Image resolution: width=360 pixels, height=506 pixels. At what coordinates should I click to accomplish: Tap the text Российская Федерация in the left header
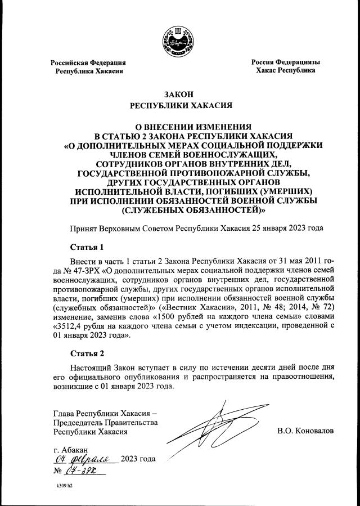(88, 62)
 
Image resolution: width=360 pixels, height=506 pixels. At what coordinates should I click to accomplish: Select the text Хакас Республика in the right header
(285, 71)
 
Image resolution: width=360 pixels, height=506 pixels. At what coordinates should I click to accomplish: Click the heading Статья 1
(87, 247)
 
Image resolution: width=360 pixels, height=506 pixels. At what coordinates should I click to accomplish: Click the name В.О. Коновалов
(305, 431)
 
